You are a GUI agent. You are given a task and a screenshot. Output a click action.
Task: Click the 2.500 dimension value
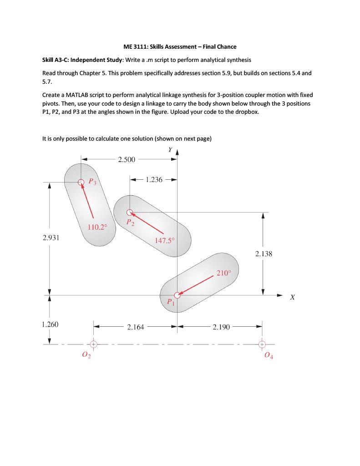click(127, 159)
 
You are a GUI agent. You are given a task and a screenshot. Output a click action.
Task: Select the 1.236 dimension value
click(154, 180)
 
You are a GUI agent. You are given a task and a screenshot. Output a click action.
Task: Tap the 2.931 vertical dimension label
click(51, 238)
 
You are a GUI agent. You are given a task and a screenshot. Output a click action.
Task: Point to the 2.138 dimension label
click(263, 254)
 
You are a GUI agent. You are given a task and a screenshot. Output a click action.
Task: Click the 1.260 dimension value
click(50, 324)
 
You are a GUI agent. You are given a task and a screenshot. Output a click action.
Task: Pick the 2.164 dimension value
click(136, 327)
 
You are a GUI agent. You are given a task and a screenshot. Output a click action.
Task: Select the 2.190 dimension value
click(221, 327)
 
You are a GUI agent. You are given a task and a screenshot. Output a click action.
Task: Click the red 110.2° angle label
click(97, 227)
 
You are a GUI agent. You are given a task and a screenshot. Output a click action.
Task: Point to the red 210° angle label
click(223, 274)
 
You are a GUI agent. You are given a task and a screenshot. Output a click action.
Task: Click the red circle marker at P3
click(81, 182)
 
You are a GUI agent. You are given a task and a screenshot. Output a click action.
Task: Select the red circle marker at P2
click(130, 212)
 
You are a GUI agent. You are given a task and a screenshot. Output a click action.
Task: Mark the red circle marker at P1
click(177, 294)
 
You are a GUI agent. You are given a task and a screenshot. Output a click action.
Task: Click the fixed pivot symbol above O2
click(93, 344)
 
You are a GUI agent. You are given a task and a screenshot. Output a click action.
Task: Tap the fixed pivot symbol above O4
click(262, 344)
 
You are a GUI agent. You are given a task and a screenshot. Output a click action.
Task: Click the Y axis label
click(170, 150)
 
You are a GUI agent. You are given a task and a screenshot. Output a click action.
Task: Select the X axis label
click(293, 297)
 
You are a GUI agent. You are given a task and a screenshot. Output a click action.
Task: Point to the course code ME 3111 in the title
click(136, 46)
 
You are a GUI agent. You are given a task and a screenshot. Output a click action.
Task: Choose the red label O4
click(269, 356)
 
